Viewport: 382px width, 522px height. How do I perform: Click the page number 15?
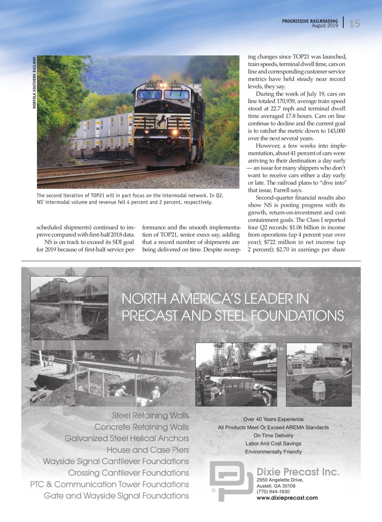(x=354, y=23)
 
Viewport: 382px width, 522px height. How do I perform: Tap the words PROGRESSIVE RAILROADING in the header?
(x=310, y=20)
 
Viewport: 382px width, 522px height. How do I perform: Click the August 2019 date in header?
(x=325, y=26)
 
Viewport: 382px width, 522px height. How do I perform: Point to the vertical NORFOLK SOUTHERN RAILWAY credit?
(x=34, y=83)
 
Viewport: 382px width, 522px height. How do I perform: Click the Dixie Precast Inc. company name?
(x=298, y=472)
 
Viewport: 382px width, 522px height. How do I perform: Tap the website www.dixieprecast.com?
(x=287, y=498)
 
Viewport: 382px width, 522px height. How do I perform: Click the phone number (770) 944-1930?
(x=274, y=492)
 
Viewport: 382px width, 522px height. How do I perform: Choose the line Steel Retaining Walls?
(x=150, y=415)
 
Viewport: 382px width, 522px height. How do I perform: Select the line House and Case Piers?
(x=147, y=450)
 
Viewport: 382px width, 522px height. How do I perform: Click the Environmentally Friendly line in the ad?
(x=273, y=452)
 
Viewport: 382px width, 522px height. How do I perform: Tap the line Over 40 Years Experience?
(x=273, y=419)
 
